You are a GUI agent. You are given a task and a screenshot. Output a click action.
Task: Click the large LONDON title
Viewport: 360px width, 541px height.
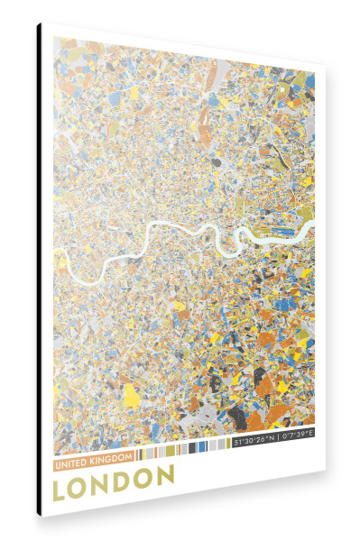point(114,481)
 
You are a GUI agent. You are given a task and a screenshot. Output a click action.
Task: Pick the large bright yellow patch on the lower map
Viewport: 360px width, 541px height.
point(132,395)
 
